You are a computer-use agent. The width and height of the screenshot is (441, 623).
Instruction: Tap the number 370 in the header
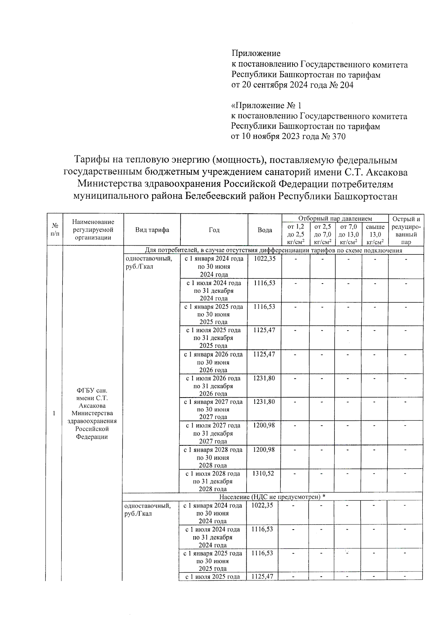(x=338, y=137)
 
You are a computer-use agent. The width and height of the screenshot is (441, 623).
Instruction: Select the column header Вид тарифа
(x=152, y=230)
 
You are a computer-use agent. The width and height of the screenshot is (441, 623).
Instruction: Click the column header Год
(x=214, y=230)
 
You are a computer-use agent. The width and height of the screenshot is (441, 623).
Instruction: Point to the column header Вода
(x=265, y=230)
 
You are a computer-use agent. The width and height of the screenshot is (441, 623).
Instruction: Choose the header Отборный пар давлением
(x=335, y=219)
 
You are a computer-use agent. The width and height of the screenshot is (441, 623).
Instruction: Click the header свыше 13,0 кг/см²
(x=375, y=234)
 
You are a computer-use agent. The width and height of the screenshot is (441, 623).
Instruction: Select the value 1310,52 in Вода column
(x=263, y=473)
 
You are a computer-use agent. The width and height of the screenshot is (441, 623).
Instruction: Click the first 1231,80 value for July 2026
(x=263, y=378)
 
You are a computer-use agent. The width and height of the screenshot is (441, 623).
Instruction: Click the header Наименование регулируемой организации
(x=93, y=229)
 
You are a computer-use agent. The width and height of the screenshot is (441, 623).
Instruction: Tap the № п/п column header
(x=55, y=230)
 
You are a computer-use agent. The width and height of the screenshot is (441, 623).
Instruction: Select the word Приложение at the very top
(x=256, y=54)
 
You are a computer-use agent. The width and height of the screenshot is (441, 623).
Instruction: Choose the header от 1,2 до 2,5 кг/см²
(x=295, y=234)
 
